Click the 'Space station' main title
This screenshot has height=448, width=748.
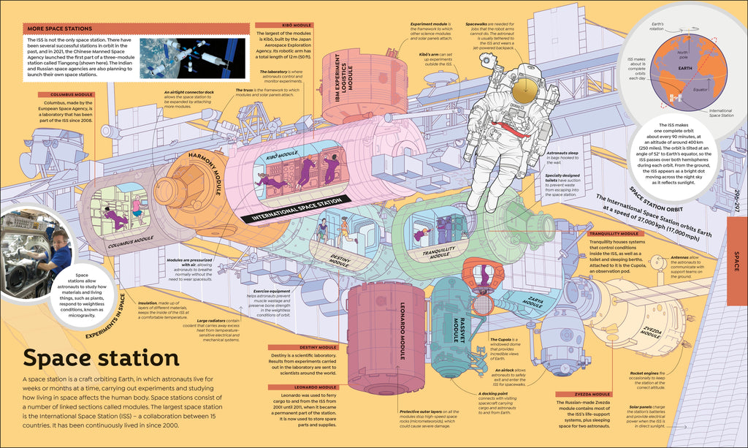101,359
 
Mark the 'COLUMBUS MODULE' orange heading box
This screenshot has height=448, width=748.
72,94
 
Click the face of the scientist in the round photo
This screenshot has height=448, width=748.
61,240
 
